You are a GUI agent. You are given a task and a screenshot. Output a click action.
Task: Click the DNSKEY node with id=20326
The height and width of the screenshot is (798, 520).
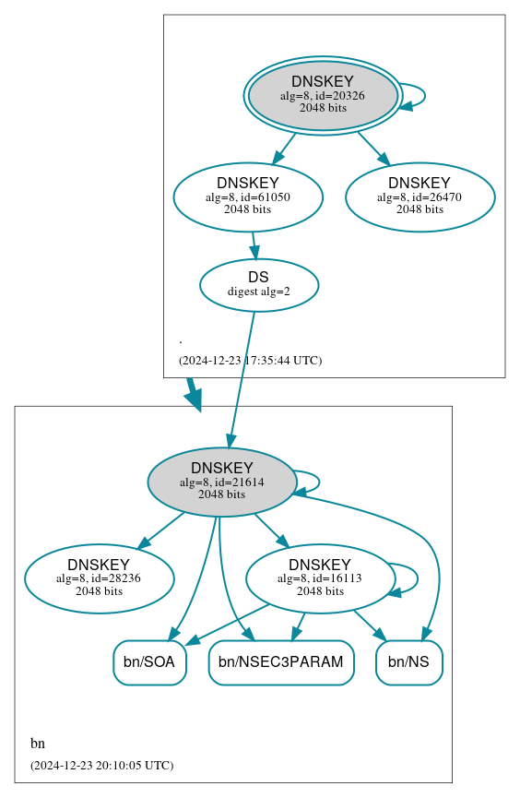click(323, 95)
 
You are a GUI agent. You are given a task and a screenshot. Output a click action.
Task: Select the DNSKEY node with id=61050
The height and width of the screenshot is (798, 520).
click(247, 197)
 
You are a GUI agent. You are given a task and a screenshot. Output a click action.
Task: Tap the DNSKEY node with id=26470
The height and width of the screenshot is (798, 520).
click(420, 197)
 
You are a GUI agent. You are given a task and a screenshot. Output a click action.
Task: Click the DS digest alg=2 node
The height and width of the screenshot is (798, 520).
click(258, 284)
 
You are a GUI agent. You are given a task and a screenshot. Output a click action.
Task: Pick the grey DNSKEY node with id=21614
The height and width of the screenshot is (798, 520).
click(221, 482)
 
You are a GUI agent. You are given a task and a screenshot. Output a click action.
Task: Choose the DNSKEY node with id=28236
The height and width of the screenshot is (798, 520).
click(99, 578)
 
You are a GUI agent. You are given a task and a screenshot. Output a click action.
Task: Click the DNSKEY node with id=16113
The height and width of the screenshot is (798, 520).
click(320, 578)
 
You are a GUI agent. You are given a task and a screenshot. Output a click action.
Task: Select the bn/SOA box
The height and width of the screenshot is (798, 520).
click(149, 662)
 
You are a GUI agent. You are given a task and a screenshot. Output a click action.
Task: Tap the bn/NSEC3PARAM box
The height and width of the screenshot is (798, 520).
click(281, 662)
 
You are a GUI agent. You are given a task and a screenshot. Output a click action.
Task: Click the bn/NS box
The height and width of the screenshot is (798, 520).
click(408, 662)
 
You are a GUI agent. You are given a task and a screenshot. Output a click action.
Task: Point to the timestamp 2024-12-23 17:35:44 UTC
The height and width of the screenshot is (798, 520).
click(250, 360)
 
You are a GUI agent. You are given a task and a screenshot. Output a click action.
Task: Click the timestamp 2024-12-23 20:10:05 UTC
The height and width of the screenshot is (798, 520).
click(101, 765)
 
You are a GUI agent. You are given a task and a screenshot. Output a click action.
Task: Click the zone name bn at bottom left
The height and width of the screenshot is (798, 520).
click(38, 744)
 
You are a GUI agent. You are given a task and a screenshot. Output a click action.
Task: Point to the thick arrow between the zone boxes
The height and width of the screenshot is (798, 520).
click(193, 394)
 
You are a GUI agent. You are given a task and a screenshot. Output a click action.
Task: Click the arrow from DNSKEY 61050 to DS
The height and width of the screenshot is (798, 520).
click(254, 244)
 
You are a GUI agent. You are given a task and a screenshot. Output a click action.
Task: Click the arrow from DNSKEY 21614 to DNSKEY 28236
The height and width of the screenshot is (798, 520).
click(161, 530)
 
